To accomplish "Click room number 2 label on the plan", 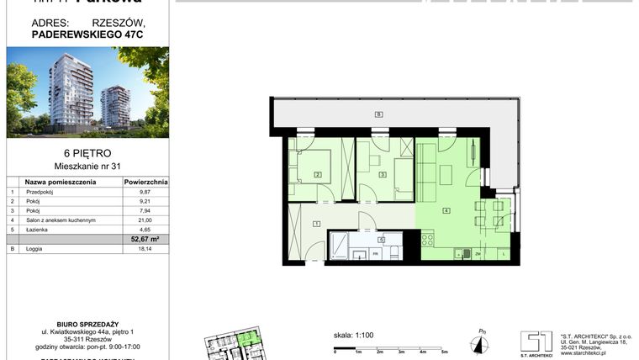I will [x=318, y=175].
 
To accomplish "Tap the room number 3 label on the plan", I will [x=383, y=175].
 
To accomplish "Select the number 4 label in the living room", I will [x=446, y=210].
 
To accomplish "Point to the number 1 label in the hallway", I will [x=315, y=223].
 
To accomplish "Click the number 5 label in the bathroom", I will [x=381, y=240].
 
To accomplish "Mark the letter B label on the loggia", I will [x=378, y=114].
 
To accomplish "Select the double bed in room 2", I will [x=315, y=165].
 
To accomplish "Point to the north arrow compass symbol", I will [x=480, y=341].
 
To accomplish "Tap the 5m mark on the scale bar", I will [x=444, y=352].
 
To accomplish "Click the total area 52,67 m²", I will [x=145, y=239].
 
